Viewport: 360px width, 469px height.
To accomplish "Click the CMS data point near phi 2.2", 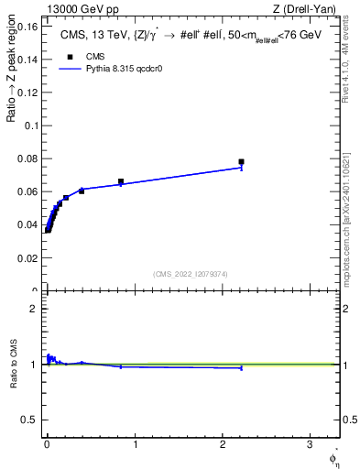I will tap(241, 161).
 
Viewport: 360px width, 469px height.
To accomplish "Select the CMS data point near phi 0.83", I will tap(120, 181).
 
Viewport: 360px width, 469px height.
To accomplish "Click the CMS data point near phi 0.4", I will tap(82, 191).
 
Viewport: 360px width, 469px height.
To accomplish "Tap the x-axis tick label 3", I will tap(311, 444).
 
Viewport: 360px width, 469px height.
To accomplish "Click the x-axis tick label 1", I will tap(135, 444).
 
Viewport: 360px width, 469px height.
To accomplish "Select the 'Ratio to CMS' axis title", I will tap(13, 365).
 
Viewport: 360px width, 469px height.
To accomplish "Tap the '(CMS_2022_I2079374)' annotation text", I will tap(191, 273).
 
